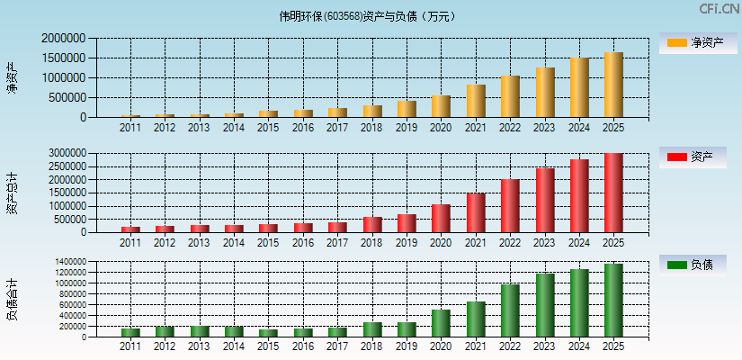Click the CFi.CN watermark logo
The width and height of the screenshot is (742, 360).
click(718, 9)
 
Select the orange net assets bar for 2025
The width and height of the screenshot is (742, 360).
click(613, 85)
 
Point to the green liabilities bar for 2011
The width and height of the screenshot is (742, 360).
click(130, 332)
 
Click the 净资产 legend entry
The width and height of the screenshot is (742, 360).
click(693, 42)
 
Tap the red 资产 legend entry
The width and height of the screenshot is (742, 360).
click(693, 157)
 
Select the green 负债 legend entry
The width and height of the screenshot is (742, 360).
click(693, 265)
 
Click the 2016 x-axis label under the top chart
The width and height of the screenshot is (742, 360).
click(303, 128)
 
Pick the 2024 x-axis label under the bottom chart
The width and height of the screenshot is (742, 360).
click(578, 347)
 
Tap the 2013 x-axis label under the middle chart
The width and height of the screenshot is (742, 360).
click(200, 243)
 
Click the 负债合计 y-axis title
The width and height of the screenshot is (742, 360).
click(12, 301)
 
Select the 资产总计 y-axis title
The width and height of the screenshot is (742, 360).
click(12, 193)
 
